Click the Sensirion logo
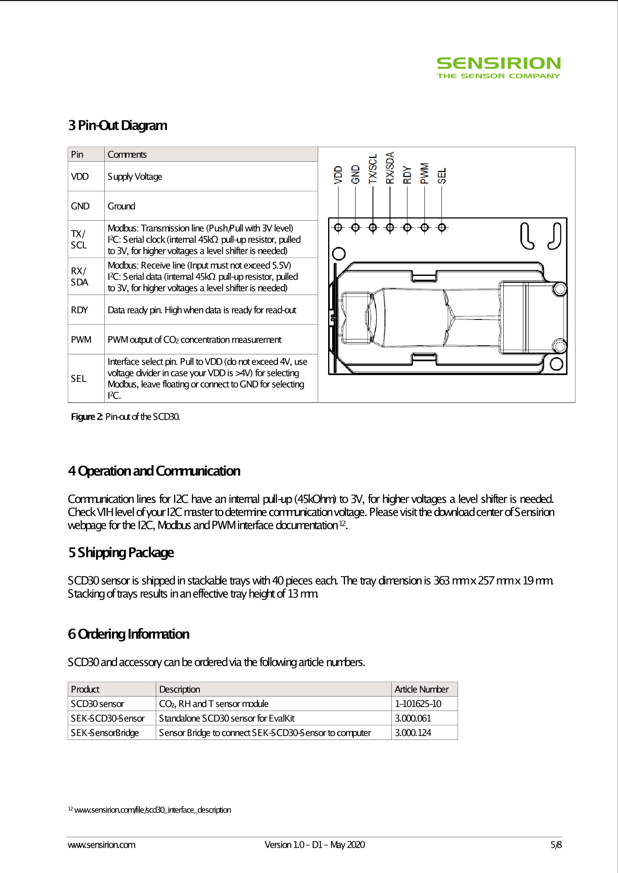498,68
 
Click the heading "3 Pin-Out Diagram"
118,125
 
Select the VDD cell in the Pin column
80,177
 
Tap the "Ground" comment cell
121,206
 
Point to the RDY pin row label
79,310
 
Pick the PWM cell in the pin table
81,340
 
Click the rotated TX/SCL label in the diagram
373,169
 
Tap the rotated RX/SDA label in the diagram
390,168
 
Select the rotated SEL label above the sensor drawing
442,176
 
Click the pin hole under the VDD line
338,227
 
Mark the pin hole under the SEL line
442,227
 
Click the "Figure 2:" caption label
87,417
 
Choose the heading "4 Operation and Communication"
154,471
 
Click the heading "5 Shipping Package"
121,553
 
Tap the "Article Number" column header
422,689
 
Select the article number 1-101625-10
418,704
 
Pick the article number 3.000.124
413,733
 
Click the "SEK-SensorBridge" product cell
105,733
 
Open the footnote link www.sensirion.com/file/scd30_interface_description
152,810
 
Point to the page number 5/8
556,845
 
